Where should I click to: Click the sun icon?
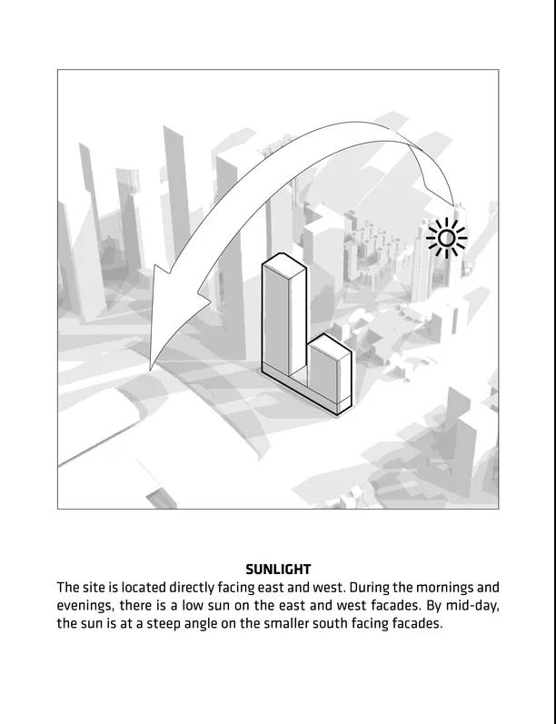(446, 239)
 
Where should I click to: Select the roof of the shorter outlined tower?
(329, 345)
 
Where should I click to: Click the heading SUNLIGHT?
(278, 570)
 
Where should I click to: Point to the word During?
(372, 588)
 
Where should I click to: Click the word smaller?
(296, 624)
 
